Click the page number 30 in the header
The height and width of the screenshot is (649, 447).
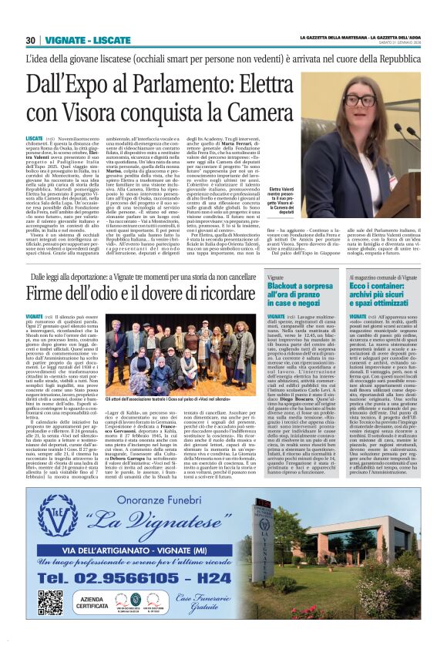pyautogui.click(x=32, y=40)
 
